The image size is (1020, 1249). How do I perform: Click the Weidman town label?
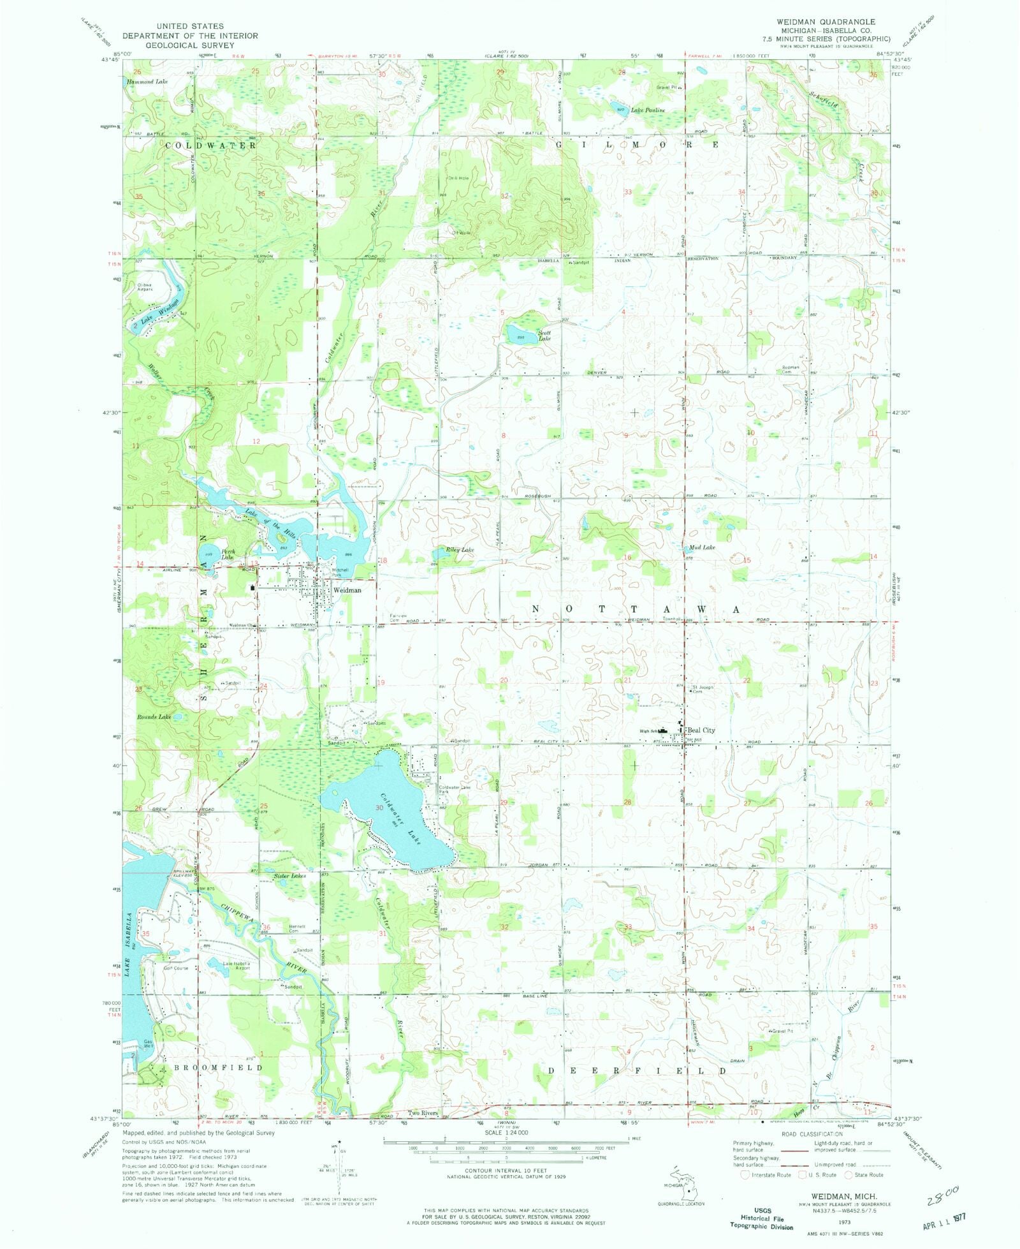347,590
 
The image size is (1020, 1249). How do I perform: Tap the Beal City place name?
701,730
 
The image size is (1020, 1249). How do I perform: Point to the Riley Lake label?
460,549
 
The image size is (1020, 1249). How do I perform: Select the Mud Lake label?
702,547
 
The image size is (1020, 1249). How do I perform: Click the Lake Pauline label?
648,110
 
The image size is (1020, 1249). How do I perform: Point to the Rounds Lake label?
154,717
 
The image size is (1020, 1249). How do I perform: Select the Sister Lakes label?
290,876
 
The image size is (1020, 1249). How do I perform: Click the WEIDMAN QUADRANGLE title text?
826,22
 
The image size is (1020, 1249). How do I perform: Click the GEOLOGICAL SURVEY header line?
190,45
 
